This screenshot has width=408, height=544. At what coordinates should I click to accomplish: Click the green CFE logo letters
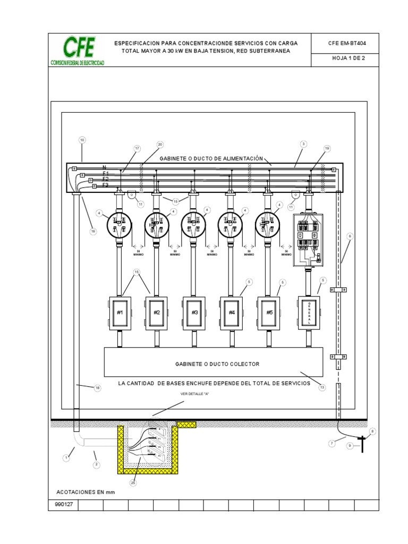pyautogui.click(x=79, y=48)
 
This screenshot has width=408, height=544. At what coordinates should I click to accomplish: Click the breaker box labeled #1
pyautogui.click(x=120, y=312)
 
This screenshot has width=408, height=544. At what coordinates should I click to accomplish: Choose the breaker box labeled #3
pyautogui.click(x=194, y=312)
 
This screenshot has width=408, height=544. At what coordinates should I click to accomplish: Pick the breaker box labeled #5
pyautogui.click(x=269, y=312)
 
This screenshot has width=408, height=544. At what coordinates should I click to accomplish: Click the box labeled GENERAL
pyautogui.click(x=309, y=312)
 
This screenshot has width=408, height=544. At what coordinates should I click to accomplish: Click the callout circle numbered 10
pyautogui.click(x=82, y=141)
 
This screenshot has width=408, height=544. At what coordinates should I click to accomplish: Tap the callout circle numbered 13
pyautogui.click(x=321, y=387)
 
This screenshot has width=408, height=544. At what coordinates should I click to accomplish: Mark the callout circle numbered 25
pyautogui.click(x=133, y=482)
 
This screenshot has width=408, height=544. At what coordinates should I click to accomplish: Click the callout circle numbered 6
pyautogui.click(x=350, y=236)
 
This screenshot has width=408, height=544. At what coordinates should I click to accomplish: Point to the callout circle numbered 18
pyautogui.click(x=97, y=388)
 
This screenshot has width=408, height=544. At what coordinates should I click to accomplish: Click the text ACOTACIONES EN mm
pyautogui.click(x=86, y=492)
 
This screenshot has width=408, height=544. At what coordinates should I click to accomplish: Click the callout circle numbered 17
pyautogui.click(x=138, y=149)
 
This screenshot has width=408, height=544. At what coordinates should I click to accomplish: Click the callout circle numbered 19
pyautogui.click(x=327, y=148)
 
